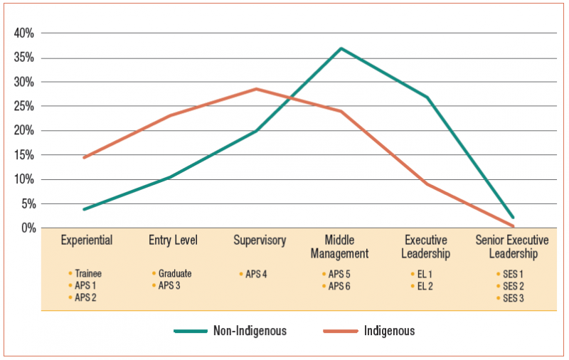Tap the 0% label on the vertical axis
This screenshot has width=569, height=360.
(27, 228)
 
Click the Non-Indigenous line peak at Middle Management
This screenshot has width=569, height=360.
(341, 48)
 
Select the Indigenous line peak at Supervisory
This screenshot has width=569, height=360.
(256, 89)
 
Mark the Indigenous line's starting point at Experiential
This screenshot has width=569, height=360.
(85, 157)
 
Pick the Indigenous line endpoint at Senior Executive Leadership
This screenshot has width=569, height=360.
(513, 226)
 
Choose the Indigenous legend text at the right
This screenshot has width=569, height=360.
(388, 331)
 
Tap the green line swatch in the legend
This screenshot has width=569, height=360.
(190, 331)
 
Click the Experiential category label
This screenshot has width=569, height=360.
(87, 240)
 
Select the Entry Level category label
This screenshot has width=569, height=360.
(173, 240)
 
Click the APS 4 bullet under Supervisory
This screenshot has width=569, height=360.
(256, 273)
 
